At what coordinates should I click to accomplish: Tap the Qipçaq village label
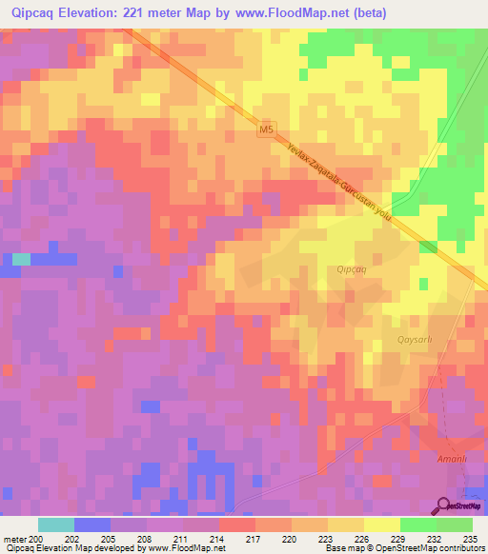pos(351,269)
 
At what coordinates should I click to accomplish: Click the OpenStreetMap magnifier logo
pos(443,505)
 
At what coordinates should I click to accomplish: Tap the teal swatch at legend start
pos(55,524)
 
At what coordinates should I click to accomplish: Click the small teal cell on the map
pos(21,258)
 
